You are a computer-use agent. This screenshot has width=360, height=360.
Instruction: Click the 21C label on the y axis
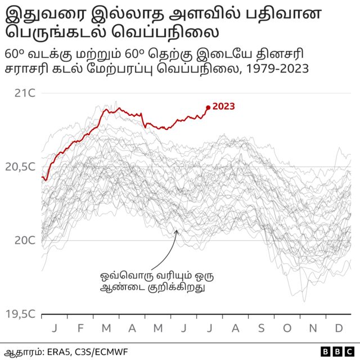pos(25,93)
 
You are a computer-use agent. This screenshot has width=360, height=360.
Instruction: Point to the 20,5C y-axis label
pos(21,166)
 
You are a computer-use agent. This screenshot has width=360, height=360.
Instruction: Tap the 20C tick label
pos(25,240)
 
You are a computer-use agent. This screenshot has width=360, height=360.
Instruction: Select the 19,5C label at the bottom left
pos(21,314)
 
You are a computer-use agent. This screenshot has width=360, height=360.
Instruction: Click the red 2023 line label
pos(224,106)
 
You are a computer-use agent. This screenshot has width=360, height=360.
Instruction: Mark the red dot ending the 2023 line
pos(208,107)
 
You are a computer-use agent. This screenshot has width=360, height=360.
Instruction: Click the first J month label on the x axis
pos(55,328)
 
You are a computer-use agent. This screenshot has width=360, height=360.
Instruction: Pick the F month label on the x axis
pos(80,328)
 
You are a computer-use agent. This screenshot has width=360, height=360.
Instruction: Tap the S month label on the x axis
pos(261,328)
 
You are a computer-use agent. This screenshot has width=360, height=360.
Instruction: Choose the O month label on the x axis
pos(287,328)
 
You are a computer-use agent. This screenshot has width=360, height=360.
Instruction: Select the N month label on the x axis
pos(313,328)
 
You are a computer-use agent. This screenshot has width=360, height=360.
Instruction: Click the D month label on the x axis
pos(339,328)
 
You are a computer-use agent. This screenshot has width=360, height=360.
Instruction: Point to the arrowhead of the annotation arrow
pos(176,230)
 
